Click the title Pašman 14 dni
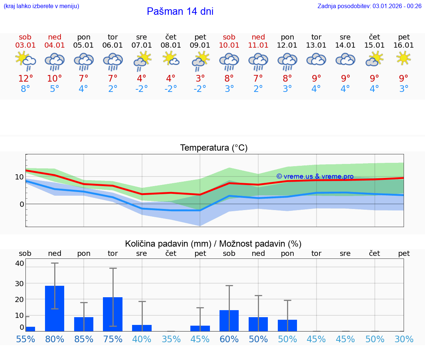tap(180, 11)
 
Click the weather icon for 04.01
tap(55, 61)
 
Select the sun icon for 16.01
tap(404, 58)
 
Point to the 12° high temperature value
tap(25, 78)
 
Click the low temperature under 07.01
tap(142, 89)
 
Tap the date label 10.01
tap(229, 45)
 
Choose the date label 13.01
tap(316, 45)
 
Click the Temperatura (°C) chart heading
tap(214, 148)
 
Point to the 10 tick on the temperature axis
tap(19, 177)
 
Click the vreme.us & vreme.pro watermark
tap(315, 176)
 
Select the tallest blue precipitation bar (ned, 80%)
tap(55, 308)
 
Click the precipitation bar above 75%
tap(113, 314)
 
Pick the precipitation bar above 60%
tap(229, 320)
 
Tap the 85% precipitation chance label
tap(84, 339)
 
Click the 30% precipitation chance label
tap(404, 339)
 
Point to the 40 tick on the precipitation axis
tap(20, 263)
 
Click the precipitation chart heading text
tap(213, 244)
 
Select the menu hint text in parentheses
tap(41, 6)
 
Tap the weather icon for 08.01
tap(171, 58)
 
